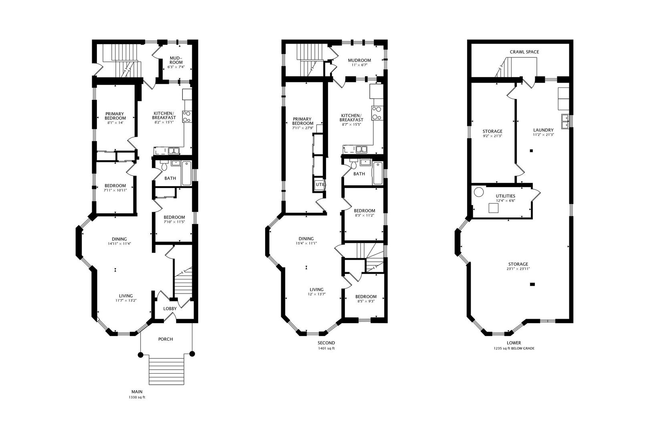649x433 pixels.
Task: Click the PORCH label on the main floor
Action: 165,339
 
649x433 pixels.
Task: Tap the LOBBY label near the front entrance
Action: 170,309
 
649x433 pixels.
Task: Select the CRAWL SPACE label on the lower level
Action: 524,52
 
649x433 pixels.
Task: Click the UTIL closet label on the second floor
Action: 320,184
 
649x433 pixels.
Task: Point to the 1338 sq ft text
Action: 137,397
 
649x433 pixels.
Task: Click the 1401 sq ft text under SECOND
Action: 326,348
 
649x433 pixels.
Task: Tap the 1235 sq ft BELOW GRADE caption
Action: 514,348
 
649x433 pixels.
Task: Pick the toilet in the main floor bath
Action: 164,166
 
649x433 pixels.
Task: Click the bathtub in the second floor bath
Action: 377,173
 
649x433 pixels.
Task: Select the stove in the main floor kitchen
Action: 187,117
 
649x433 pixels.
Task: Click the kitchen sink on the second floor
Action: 361,150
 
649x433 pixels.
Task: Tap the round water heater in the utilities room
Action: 479,192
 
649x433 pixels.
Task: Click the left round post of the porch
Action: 141,354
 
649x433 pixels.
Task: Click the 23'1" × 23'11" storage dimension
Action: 518,269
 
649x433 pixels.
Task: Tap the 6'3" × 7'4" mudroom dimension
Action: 176,67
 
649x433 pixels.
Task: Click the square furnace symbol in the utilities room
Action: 494,208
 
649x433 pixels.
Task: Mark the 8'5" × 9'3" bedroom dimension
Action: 366,301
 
